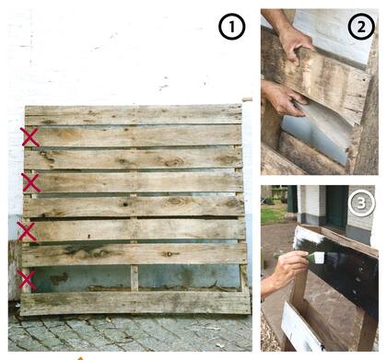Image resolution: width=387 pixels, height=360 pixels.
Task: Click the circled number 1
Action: pos(232,27)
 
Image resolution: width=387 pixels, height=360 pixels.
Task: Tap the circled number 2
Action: pos(361,28)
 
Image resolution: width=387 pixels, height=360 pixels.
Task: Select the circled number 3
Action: pos(361,203)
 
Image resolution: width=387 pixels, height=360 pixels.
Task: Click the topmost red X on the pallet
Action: pos(30,137)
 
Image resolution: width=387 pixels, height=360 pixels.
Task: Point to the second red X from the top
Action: pos(30,182)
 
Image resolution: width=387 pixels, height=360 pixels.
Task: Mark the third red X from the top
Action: pos(28,231)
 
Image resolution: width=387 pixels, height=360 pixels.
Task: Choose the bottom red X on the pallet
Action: pos(27,279)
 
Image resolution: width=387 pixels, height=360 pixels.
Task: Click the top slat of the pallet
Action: pos(134,115)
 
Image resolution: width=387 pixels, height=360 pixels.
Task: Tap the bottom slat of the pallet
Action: pos(135,304)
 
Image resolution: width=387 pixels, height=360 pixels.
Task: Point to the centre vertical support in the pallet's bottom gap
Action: pos(135,278)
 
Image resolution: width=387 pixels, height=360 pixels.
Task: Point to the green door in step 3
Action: pos(337,206)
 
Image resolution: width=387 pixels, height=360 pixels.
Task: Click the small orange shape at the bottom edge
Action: pos(80,358)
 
